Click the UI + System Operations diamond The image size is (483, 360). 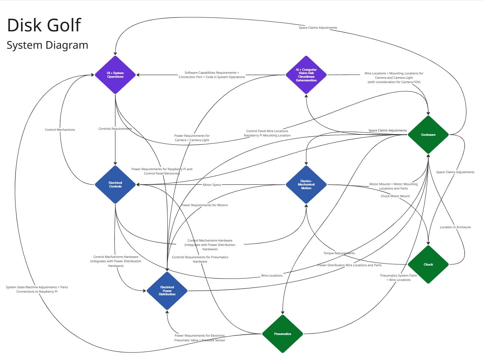point(115,75)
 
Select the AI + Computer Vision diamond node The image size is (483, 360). point(306,75)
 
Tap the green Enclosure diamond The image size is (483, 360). point(428,134)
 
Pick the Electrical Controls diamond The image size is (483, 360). point(115,185)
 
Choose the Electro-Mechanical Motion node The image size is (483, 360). point(306,185)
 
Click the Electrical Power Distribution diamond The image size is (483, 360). point(167,291)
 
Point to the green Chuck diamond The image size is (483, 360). point(428,264)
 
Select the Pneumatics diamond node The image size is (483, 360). point(282,334)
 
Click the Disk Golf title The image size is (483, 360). point(44,25)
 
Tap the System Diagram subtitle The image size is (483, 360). point(47,45)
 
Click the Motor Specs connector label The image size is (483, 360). point(212,185)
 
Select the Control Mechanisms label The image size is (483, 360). point(60,130)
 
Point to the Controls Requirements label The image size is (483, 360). point(115,129)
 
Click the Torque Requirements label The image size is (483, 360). point(339,253)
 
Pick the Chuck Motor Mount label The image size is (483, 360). point(395,196)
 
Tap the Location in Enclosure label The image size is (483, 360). point(455,227)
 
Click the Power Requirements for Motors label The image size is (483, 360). point(204,205)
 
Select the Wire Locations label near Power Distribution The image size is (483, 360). point(272,276)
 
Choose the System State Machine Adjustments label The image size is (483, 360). point(37,289)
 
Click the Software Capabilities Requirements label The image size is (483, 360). point(212,75)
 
